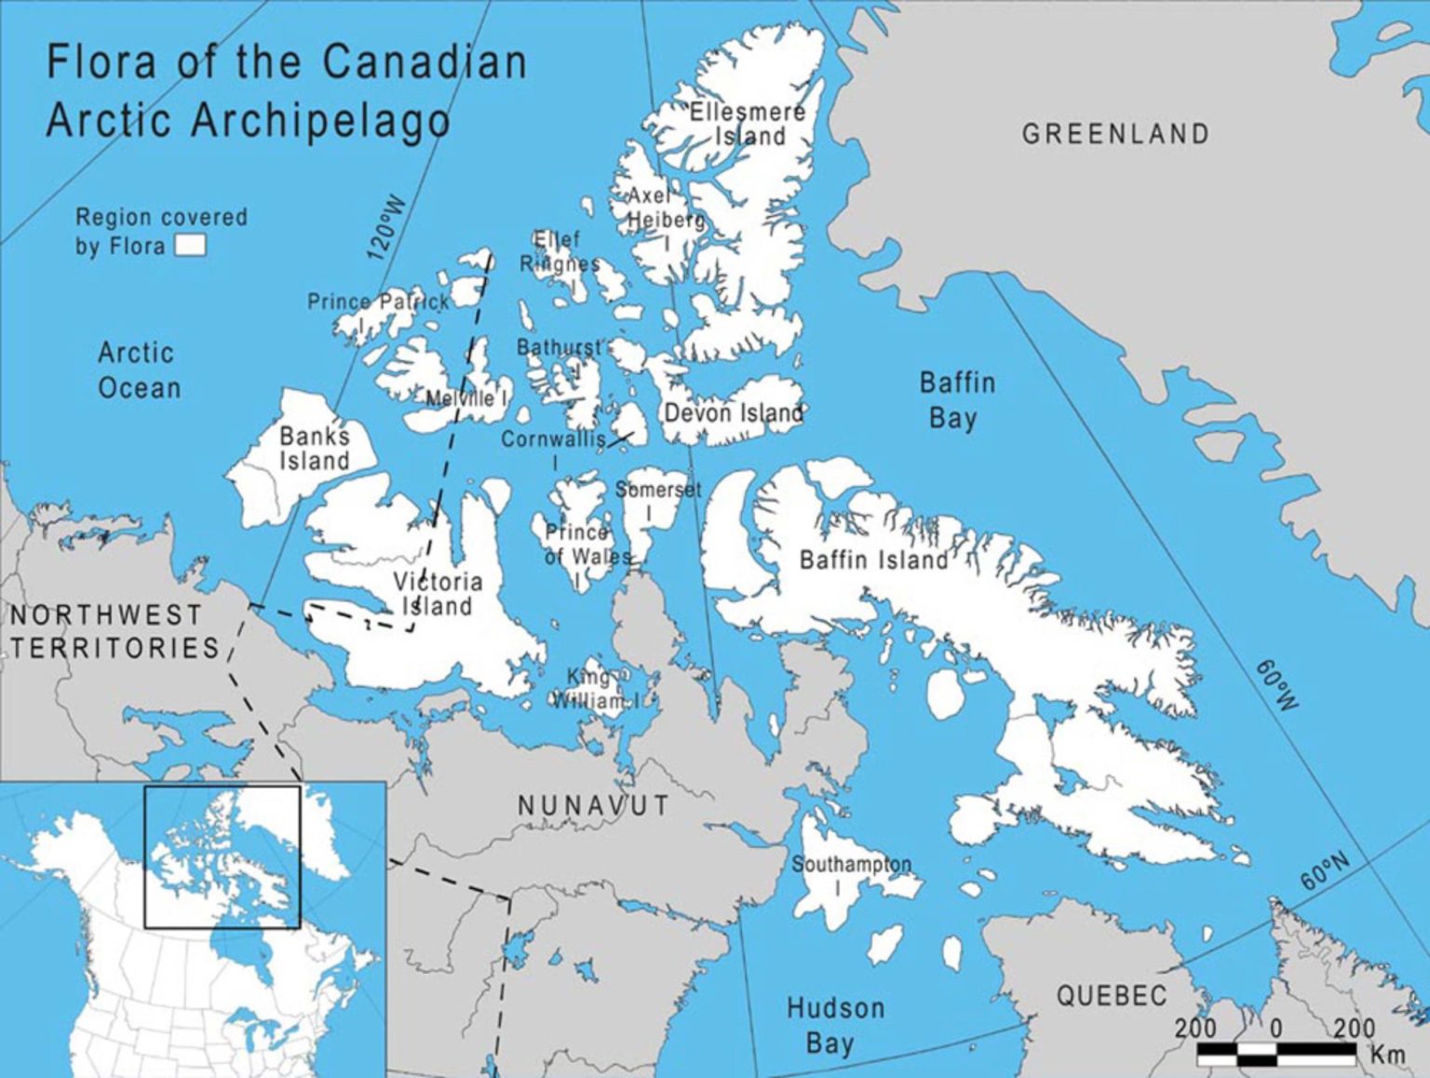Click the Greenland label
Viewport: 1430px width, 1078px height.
(x=1115, y=134)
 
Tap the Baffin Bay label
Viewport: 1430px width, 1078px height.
(x=956, y=400)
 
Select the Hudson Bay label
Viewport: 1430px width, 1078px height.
(x=834, y=1025)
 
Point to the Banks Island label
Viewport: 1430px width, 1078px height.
(x=315, y=449)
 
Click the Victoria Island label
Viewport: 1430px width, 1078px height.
(x=438, y=594)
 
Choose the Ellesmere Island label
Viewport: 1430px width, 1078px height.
(x=748, y=124)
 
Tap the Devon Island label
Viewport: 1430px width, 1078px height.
(x=733, y=412)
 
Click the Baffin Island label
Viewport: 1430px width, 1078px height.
(x=873, y=559)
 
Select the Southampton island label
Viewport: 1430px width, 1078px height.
(x=851, y=865)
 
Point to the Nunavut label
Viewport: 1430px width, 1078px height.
(x=593, y=805)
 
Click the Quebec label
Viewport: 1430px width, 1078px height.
(x=1111, y=996)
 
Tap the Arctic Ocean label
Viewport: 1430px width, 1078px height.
(x=139, y=371)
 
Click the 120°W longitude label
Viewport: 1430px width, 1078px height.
(x=387, y=228)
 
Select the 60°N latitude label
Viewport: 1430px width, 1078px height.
(x=1324, y=871)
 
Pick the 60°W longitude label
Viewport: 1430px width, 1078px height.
(x=1275, y=685)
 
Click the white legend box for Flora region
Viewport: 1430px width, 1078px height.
(x=191, y=246)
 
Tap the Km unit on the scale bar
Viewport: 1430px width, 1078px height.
(x=1386, y=1055)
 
